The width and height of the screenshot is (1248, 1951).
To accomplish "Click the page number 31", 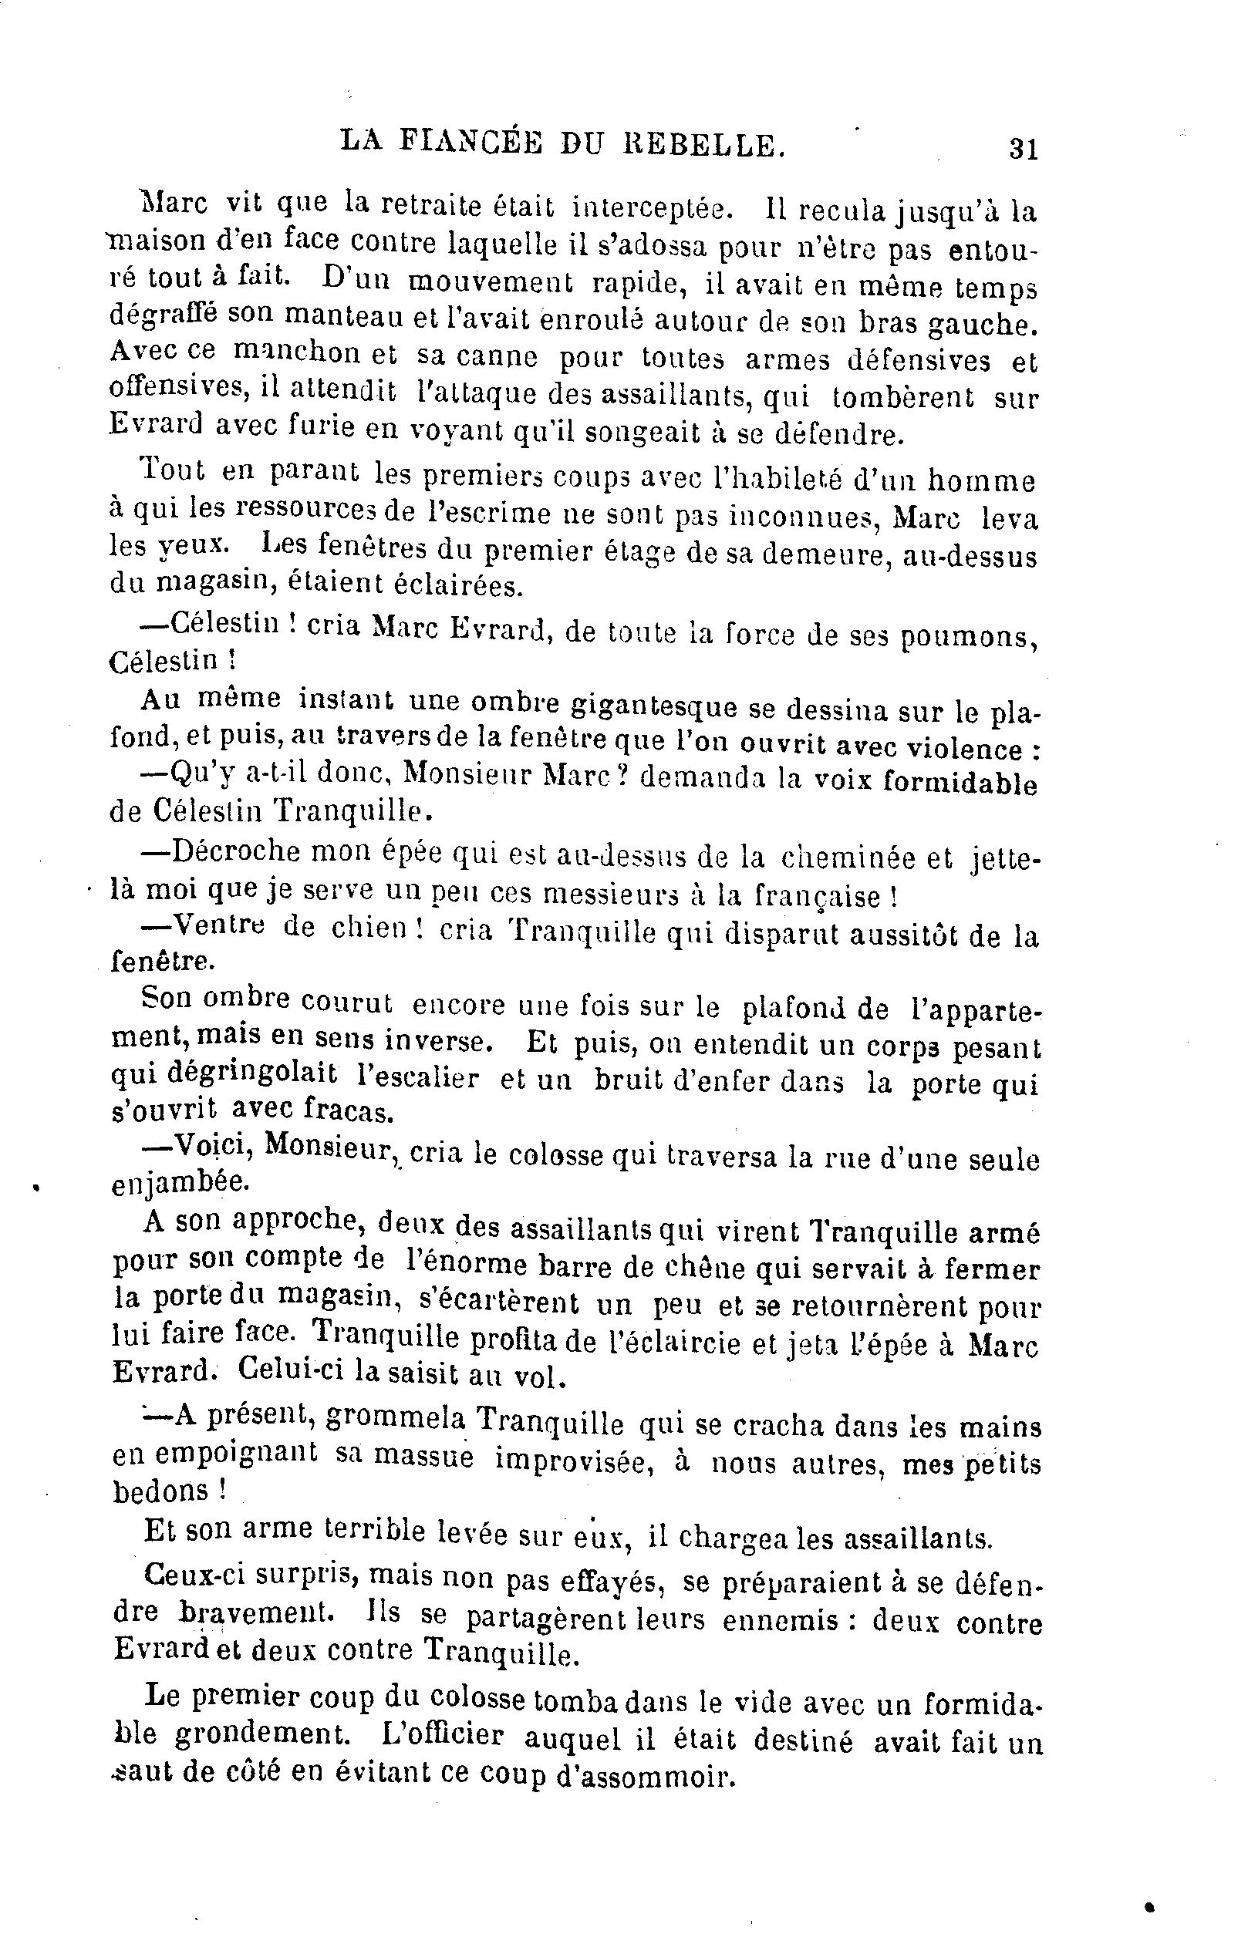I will [x=1023, y=150].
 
